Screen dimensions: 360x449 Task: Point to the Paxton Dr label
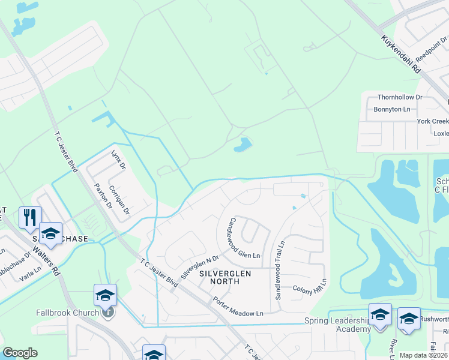(100, 195)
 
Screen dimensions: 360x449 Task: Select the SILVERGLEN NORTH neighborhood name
(224, 274)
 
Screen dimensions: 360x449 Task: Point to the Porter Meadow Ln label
(238, 306)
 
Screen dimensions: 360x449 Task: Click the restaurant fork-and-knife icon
(30, 217)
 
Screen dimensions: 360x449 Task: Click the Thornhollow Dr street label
(400, 97)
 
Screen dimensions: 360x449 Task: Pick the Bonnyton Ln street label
(392, 109)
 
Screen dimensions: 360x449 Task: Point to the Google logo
(20, 353)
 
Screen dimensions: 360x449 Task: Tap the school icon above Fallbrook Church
(104, 295)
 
